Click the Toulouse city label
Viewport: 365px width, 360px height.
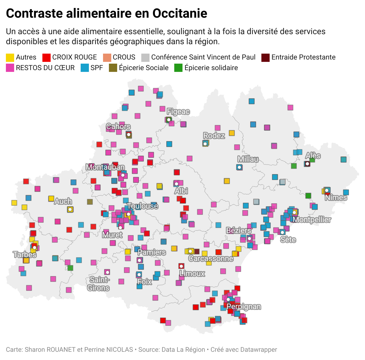tap(143, 206)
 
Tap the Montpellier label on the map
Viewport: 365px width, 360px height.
tap(312, 219)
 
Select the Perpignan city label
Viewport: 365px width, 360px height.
tap(244, 307)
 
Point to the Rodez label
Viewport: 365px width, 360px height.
tap(214, 136)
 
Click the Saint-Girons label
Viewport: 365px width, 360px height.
tap(99, 284)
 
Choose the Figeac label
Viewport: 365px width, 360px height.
tap(178, 112)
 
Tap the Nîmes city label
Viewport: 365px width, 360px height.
tap(336, 197)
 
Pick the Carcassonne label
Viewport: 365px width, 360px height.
tap(211, 259)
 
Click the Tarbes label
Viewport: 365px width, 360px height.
tap(25, 255)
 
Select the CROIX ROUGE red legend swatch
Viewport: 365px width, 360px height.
tap(47, 57)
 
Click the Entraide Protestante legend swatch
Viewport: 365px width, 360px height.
tap(266, 57)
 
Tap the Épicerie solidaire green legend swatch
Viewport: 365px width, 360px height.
tap(178, 68)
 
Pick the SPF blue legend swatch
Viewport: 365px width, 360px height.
tap(84, 68)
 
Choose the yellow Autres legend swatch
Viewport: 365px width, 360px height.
tap(10, 57)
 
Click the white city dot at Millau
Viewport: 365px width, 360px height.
tap(240, 167)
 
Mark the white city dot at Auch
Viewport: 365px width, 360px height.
tap(70, 209)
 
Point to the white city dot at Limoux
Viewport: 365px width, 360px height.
tap(181, 266)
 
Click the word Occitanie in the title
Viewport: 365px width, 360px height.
tap(180, 14)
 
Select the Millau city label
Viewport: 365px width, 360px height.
tap(248, 159)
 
